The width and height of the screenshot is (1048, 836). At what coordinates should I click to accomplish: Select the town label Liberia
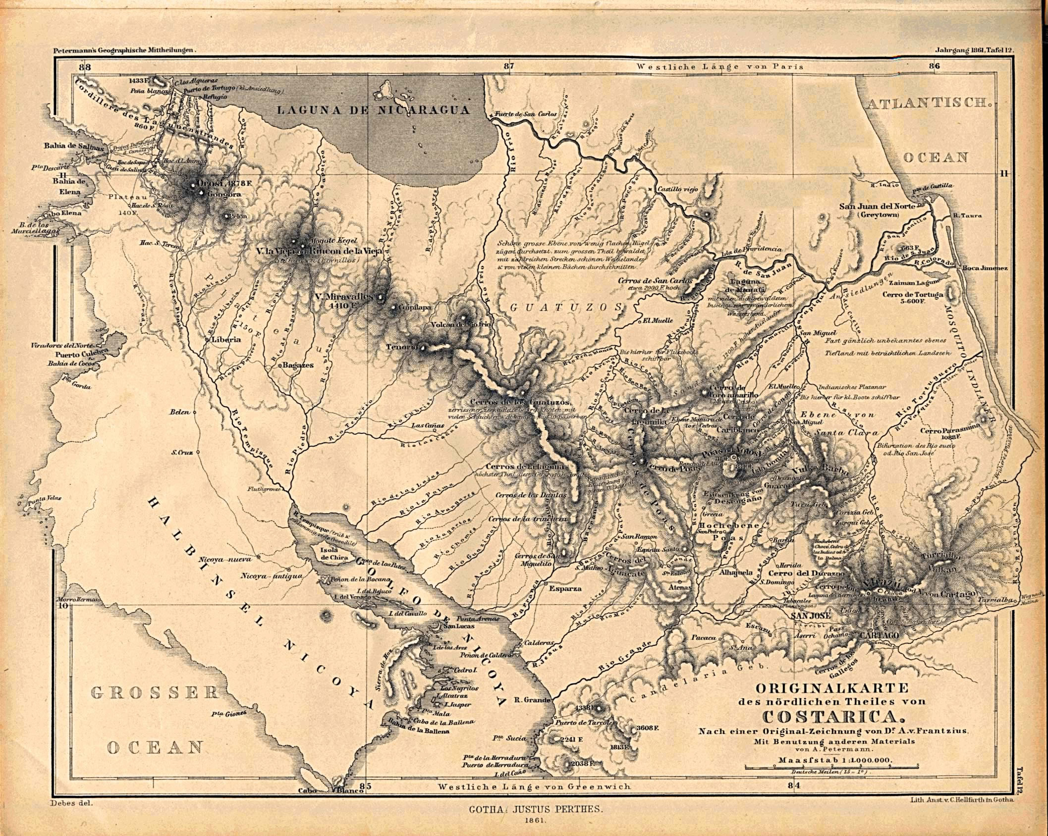225,340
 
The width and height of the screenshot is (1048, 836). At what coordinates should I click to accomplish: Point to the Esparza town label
565,589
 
